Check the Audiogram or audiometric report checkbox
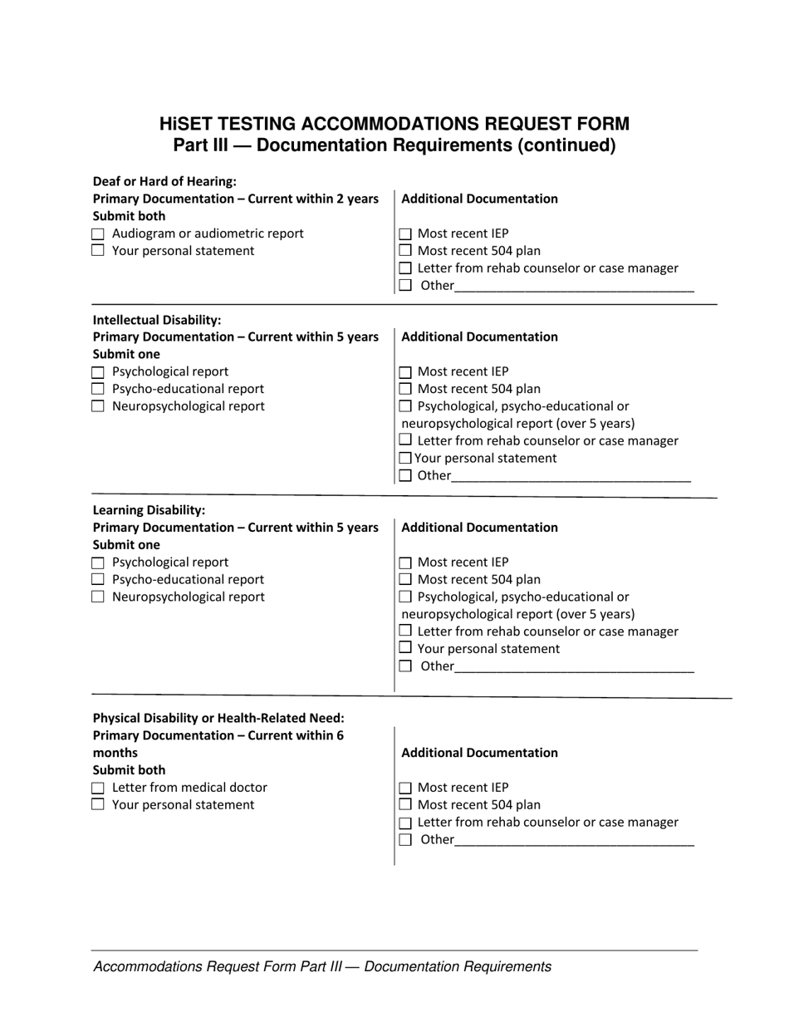click(98, 234)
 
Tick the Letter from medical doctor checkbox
click(98, 788)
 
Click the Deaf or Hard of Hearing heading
click(164, 181)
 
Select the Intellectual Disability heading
click(157, 320)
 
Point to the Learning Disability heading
click(149, 510)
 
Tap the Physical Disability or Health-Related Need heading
click(218, 718)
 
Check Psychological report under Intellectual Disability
click(98, 372)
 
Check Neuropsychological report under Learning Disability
click(98, 597)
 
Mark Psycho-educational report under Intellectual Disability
click(98, 390)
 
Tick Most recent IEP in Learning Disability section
click(405, 563)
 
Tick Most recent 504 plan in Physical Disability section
click(405, 805)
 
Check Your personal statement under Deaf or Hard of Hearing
click(98, 251)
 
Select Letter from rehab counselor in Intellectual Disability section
click(405, 440)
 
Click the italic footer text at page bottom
click(322, 967)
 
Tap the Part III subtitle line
click(394, 146)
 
